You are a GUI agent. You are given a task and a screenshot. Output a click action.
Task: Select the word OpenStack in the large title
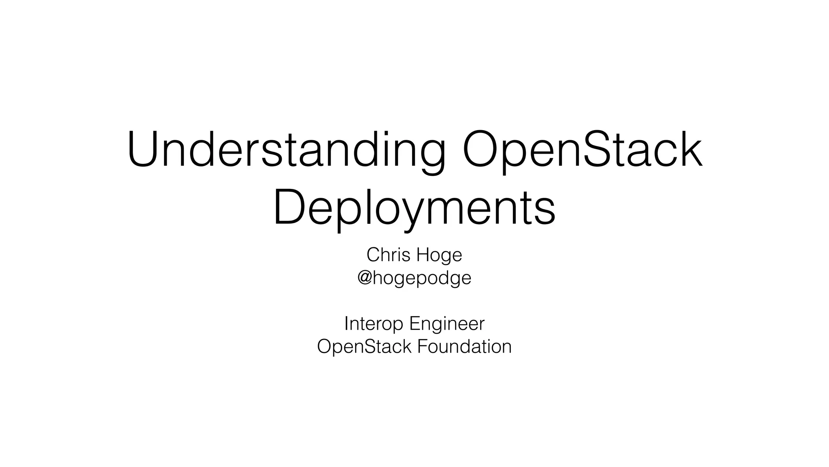pos(582,149)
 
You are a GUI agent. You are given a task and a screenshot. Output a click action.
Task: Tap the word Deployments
pos(414,208)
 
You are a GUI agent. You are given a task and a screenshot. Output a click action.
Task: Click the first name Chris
pos(388,255)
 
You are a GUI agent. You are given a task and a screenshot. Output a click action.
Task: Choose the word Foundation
pos(464,347)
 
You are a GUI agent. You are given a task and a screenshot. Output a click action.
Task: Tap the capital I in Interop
pos(346,323)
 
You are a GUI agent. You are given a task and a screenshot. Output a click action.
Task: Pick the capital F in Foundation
pos(421,347)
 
